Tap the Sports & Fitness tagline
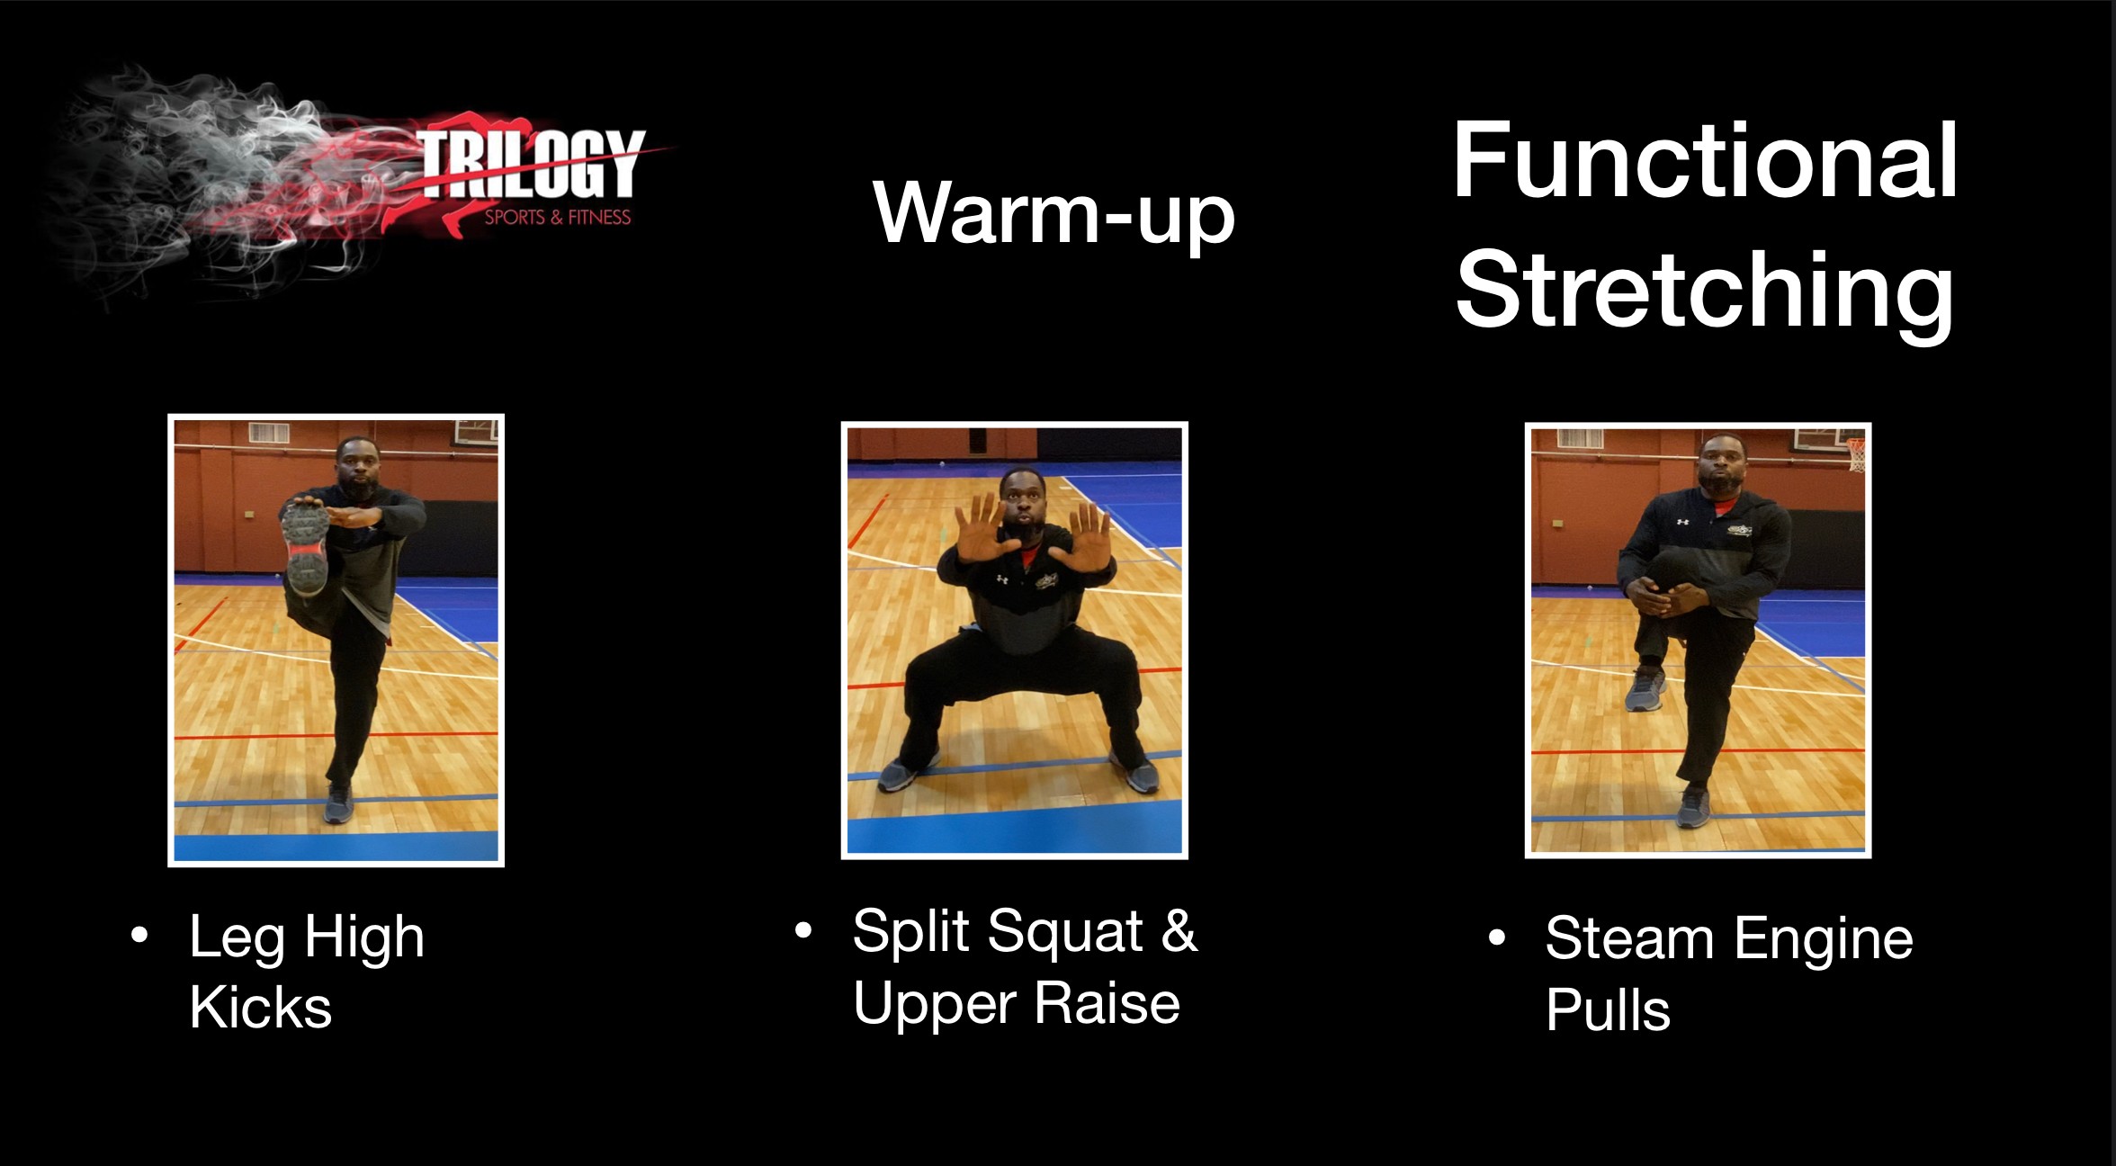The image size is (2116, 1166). point(558,217)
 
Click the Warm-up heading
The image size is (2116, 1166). point(1054,214)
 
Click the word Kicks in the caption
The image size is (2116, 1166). point(261,1007)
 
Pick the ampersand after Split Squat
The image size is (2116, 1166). point(1179,930)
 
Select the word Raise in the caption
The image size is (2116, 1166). point(1107,1003)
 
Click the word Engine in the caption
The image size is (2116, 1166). point(1823,938)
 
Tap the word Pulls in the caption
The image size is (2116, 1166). point(1608,1009)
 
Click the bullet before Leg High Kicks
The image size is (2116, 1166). point(139,936)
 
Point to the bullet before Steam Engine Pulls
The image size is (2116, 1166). point(1497,938)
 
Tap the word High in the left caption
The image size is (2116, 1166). point(364,938)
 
